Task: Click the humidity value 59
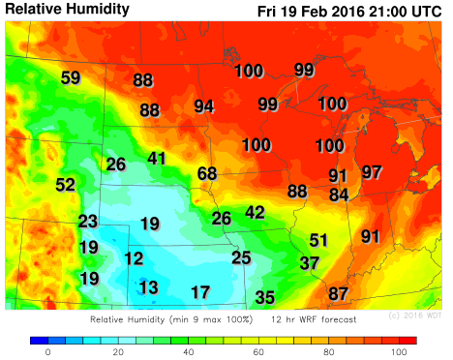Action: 71,78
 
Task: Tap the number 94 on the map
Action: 204,106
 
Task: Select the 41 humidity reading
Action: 158,158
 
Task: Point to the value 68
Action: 207,173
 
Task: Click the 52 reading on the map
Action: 66,185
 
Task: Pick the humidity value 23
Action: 88,221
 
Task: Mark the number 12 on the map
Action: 134,258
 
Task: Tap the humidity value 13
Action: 148,287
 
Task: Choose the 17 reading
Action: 200,292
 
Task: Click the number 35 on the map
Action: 264,297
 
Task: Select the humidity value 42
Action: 255,212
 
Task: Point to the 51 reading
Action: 319,240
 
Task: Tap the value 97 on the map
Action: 372,172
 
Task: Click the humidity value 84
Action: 338,195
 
